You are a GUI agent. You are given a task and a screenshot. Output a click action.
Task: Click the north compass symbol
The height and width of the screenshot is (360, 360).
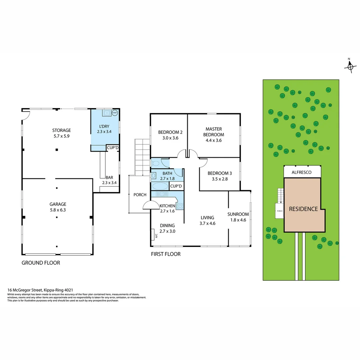tap(350, 66)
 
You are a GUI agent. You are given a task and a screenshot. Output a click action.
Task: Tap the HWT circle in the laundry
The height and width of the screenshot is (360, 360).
tap(115, 113)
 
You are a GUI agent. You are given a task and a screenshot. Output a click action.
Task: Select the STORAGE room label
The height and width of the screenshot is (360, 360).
tap(61, 130)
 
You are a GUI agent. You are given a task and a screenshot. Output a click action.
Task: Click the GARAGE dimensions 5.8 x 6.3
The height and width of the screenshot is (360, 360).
tap(58, 210)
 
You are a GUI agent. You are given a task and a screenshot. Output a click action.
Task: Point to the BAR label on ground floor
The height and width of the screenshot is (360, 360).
tap(109, 178)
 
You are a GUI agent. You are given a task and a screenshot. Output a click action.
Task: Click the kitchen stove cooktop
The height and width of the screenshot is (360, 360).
tap(180, 206)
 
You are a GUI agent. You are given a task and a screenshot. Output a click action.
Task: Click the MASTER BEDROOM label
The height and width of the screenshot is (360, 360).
tap(214, 132)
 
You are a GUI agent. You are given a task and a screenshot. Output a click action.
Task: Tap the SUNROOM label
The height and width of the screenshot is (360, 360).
tap(238, 214)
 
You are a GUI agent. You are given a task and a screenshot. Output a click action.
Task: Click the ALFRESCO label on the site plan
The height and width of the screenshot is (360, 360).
tap(301, 172)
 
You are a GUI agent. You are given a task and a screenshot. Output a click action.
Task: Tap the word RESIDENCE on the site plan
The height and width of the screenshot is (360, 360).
tap(303, 209)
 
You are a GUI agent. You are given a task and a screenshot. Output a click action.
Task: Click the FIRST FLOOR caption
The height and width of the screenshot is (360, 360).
tap(166, 254)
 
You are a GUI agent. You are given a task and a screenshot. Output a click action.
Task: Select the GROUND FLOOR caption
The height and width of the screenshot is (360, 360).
tap(41, 263)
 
